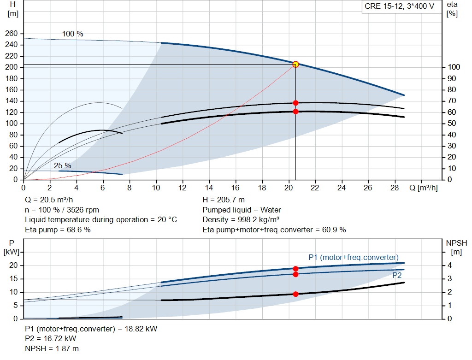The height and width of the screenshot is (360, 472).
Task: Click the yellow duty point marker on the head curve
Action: pyautogui.click(x=295, y=64)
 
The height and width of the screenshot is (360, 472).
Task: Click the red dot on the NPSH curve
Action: pyautogui.click(x=295, y=294)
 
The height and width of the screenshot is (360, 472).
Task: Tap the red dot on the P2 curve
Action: pyautogui.click(x=295, y=275)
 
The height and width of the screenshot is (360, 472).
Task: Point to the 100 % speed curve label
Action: pyautogui.click(x=72, y=34)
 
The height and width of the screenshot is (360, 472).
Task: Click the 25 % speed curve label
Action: pyautogui.click(x=63, y=165)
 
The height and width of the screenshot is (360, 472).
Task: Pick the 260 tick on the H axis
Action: pyautogui.click(x=12, y=33)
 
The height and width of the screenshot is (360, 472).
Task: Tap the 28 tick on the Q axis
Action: pyautogui.click(x=395, y=188)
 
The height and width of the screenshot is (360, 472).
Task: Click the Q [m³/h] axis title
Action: pyautogui.click(x=424, y=188)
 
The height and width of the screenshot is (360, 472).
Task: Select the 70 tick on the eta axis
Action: pyautogui.click(x=452, y=101)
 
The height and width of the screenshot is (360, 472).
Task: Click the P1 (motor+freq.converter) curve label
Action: pyautogui.click(x=354, y=257)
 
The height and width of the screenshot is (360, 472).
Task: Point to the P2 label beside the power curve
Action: pyautogui.click(x=397, y=276)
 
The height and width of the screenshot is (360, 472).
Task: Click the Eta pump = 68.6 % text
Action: pyautogui.click(x=58, y=230)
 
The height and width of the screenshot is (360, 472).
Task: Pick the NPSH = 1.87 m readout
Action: pyautogui.click(x=52, y=348)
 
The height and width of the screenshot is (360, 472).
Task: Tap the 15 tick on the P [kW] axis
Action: pyautogui.click(x=13, y=279)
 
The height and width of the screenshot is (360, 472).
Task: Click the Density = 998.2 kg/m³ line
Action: pyautogui.click(x=241, y=219)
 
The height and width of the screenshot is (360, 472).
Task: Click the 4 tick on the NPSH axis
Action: pyautogui.click(x=449, y=265)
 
